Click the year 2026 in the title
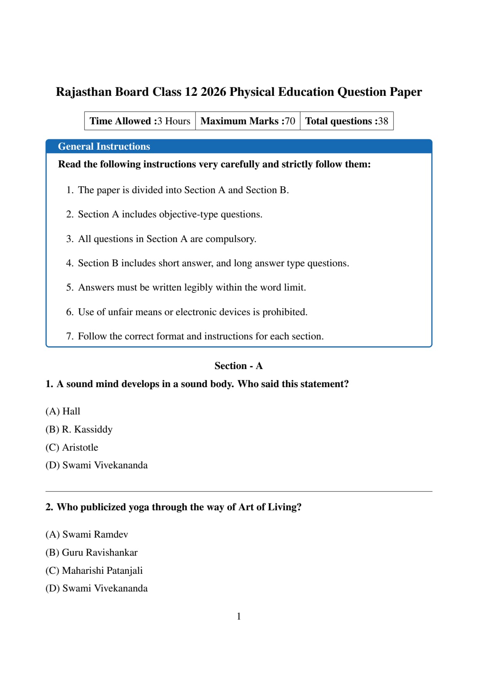coord(213,92)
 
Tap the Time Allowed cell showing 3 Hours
coord(140,121)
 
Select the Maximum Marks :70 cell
coord(247,121)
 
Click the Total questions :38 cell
coord(347,121)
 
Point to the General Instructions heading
coord(104,147)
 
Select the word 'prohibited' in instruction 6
coord(284,312)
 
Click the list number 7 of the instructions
coord(69,336)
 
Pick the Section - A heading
coord(239,366)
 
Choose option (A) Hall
coord(63,411)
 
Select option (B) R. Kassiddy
coord(79,429)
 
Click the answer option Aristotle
coord(80,448)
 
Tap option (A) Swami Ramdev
coord(87,535)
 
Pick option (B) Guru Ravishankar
coord(91,553)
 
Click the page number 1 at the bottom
coord(239,617)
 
